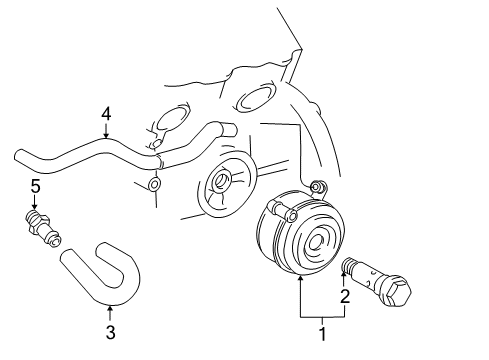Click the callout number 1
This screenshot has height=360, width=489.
click(322, 334)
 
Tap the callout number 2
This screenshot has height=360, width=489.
click(345, 296)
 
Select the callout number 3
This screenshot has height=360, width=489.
click(110, 332)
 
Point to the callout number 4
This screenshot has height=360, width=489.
click(106, 114)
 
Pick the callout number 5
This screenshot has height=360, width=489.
click(35, 186)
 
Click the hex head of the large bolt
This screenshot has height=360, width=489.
click(398, 292)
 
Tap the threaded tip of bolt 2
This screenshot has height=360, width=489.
click(348, 265)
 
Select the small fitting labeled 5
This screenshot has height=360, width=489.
click(43, 228)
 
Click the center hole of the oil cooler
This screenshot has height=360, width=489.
click(315, 242)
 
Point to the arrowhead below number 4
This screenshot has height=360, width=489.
click(106, 135)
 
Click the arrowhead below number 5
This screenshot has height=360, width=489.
click(34, 207)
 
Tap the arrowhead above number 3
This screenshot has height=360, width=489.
click(110, 309)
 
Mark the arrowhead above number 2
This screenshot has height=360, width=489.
click(344, 275)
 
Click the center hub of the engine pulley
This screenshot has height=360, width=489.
click(220, 181)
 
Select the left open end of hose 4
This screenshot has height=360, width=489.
click(19, 157)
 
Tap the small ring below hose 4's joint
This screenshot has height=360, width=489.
click(154, 184)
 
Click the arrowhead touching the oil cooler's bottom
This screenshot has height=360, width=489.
click(300, 279)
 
